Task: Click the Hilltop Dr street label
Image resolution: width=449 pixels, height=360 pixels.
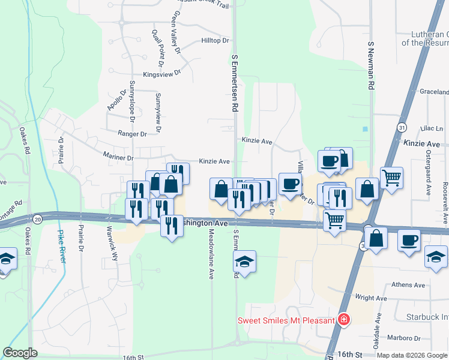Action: coord(215,41)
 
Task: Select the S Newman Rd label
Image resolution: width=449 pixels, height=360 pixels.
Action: coord(371,66)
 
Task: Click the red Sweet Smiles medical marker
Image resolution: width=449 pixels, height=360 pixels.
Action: coord(343,320)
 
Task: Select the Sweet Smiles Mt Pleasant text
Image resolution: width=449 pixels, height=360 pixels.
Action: coord(286,320)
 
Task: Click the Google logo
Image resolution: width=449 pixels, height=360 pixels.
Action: coord(20,353)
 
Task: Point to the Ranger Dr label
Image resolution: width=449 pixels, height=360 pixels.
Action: coord(133,134)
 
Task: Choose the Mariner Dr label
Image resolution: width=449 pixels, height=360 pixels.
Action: coord(118,158)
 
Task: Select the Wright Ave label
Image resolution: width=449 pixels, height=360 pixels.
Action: coord(371,298)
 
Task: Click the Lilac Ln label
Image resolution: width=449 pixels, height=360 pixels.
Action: coord(432,129)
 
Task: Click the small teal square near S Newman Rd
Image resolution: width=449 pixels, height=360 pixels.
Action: coord(365,128)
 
